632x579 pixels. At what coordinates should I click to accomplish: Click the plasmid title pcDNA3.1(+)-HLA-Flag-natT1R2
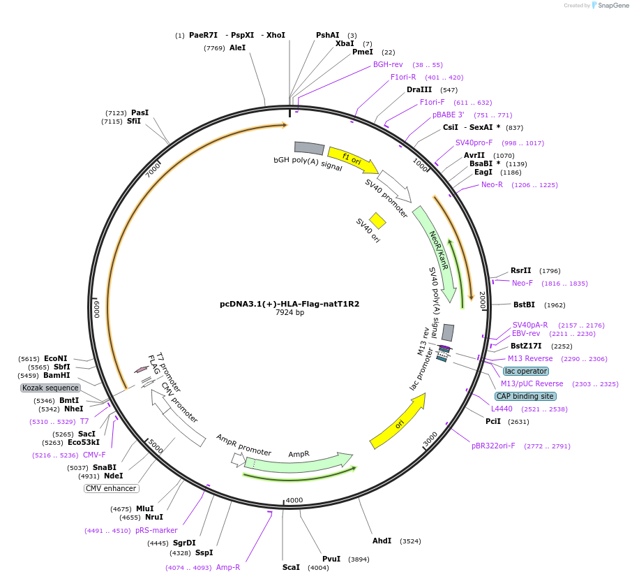pos(289,304)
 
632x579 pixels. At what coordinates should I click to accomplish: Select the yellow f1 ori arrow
pos(352,161)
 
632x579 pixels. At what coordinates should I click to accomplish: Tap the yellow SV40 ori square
pos(377,221)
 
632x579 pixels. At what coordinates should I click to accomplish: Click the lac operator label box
pos(525,371)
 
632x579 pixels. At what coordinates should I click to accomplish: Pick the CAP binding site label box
pos(526,396)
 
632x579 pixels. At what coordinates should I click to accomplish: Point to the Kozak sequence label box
pos(50,388)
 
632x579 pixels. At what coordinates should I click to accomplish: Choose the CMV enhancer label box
pos(110,488)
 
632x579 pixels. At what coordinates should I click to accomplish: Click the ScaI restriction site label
pos(291,567)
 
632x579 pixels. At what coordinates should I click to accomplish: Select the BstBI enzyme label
pos(524,305)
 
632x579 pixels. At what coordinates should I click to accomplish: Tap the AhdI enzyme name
pos(382,541)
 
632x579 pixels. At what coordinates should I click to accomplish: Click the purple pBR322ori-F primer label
pos(493,446)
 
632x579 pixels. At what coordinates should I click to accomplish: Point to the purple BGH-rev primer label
pos(388,64)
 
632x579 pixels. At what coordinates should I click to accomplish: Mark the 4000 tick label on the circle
pos(294,500)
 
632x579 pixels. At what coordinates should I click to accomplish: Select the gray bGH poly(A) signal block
pos(309,148)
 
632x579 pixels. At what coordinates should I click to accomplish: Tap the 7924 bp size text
pos(289,313)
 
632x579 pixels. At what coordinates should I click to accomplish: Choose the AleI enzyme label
pos(237,47)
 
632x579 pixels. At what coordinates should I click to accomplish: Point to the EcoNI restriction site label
pos(56,358)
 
